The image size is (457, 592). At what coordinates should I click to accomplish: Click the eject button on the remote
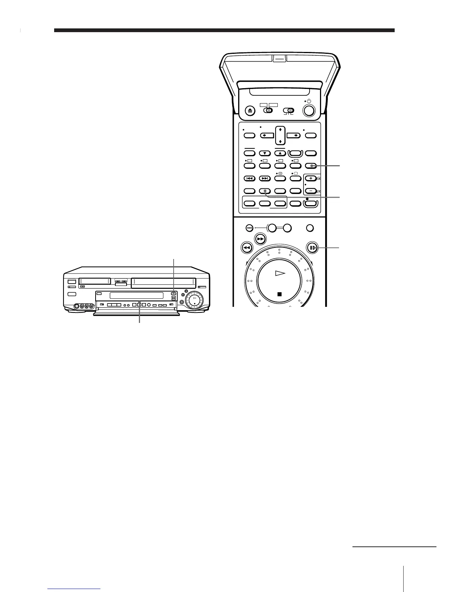pyautogui.click(x=250, y=111)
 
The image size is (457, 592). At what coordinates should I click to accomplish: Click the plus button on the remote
pyautogui.click(x=310, y=179)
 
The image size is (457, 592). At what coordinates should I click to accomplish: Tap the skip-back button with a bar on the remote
pyautogui.click(x=249, y=179)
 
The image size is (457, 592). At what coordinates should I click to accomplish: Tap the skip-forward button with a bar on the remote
pyautogui.click(x=265, y=179)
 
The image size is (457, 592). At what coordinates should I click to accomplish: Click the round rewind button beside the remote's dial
pyautogui.click(x=246, y=248)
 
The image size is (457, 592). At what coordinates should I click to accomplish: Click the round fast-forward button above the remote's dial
pyautogui.click(x=261, y=239)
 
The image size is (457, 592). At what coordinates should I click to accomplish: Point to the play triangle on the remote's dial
pyautogui.click(x=280, y=274)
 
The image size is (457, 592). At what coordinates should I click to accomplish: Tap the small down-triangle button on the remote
pyautogui.click(x=265, y=153)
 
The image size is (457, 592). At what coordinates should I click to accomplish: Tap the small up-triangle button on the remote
pyautogui.click(x=280, y=153)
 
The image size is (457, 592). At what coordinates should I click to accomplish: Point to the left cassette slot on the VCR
pyautogui.click(x=95, y=280)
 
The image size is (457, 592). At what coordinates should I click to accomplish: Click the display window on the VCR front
pyautogui.click(x=136, y=296)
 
